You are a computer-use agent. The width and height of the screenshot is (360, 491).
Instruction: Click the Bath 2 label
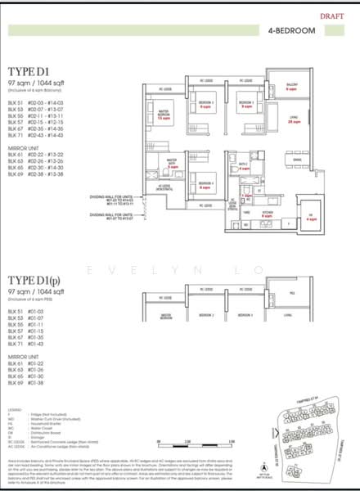243,166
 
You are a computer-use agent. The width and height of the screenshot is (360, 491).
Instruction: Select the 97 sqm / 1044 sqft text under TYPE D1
40,83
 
